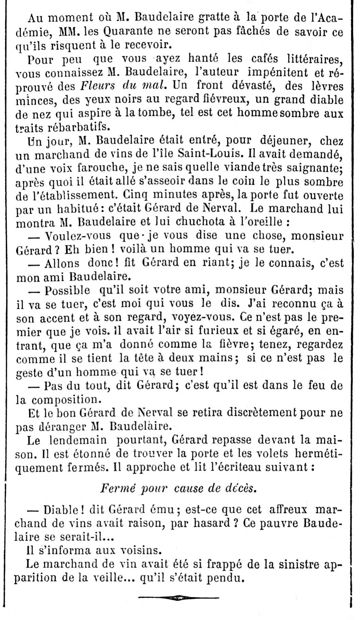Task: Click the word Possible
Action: (x=67, y=290)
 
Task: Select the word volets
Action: (x=276, y=454)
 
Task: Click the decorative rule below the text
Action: (x=178, y=597)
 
